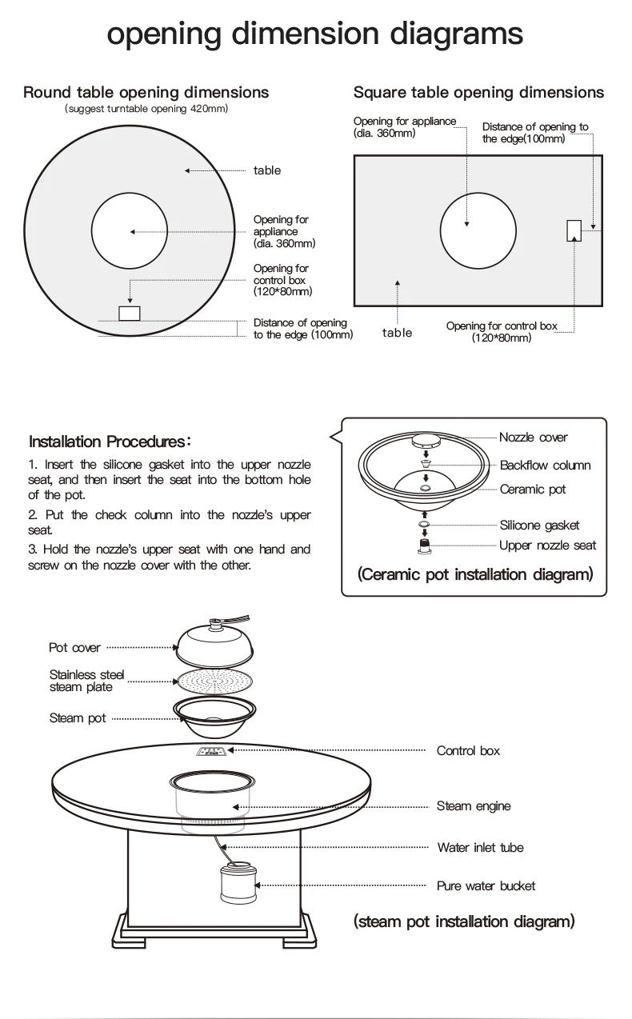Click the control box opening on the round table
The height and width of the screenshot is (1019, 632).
pyautogui.click(x=129, y=313)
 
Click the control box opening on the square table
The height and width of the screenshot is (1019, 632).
pyautogui.click(x=574, y=230)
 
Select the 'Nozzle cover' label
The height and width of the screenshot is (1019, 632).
pyautogui.click(x=533, y=438)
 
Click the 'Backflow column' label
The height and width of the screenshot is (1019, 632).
pyautogui.click(x=545, y=466)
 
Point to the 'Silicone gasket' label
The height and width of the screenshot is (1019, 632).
pyautogui.click(x=539, y=525)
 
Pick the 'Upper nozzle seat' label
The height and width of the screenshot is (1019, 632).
pyautogui.click(x=547, y=545)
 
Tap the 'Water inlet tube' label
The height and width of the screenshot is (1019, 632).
pyautogui.click(x=480, y=848)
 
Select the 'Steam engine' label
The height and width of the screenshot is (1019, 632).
pyautogui.click(x=474, y=806)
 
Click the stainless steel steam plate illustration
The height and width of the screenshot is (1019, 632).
pyautogui.click(x=214, y=681)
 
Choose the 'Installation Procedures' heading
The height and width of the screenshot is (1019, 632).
pyautogui.click(x=110, y=442)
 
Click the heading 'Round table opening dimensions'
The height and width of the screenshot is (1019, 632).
pyautogui.click(x=146, y=92)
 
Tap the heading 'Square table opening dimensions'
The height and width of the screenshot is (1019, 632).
pyautogui.click(x=478, y=92)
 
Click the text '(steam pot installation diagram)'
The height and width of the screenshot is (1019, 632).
pyautogui.click(x=464, y=921)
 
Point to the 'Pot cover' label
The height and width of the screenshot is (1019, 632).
pyautogui.click(x=74, y=648)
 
